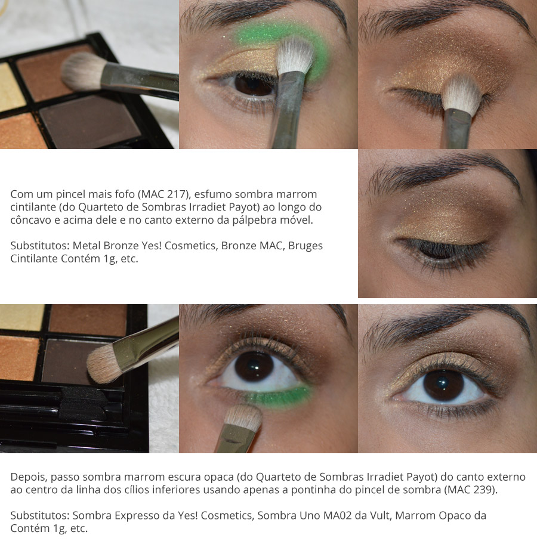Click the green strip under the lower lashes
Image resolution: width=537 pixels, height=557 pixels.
[x=280, y=395]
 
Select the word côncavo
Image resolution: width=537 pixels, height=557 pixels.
[x=31, y=221]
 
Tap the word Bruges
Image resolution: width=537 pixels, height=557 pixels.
[x=305, y=246]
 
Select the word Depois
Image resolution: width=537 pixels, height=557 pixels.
[x=28, y=477]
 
